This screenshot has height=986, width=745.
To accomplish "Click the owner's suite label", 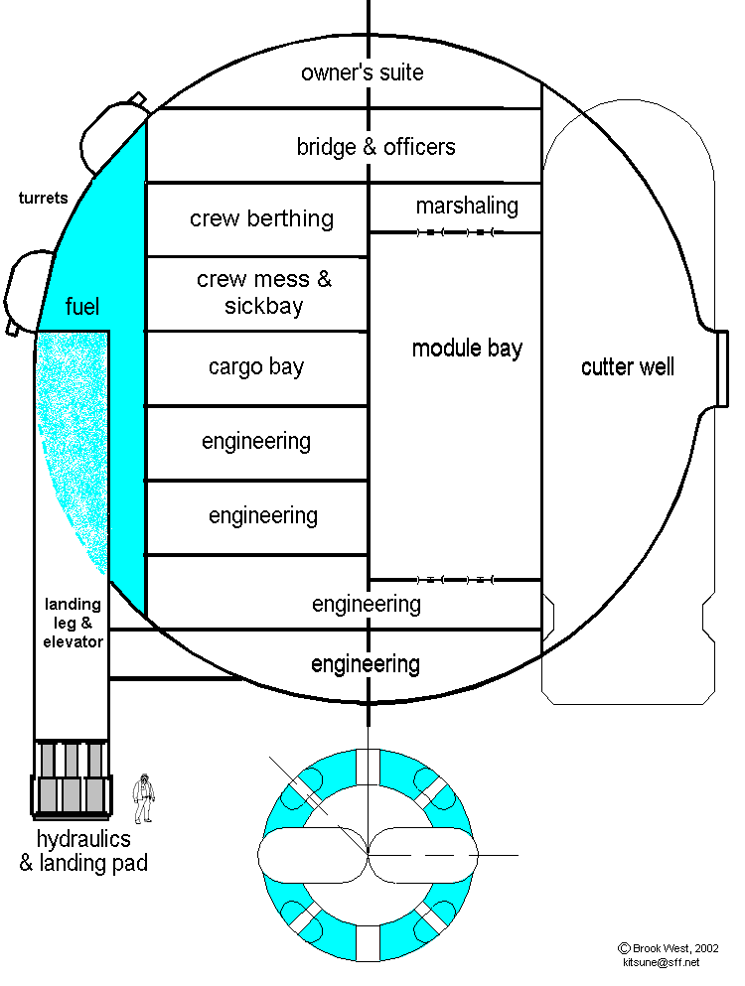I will coord(362,72).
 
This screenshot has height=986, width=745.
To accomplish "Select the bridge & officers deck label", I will coord(375,147).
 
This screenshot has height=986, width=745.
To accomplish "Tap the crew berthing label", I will coord(261,218).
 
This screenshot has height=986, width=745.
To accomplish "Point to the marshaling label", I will coord(467,206).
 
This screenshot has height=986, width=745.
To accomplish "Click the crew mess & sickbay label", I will coord(263,293).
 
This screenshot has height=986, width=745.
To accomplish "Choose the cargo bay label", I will coord(255,366).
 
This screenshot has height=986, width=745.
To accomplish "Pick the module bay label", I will coord(467,348).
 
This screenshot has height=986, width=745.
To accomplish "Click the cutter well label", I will coord(627,367).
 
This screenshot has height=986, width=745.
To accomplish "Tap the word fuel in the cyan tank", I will coord(82,306).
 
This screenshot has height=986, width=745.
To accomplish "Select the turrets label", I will coord(43,198).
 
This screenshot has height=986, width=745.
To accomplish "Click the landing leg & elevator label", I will coord(73,623).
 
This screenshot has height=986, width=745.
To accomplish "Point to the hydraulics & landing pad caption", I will coord(83,851).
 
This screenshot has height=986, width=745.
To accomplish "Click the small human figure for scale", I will coord(145,797).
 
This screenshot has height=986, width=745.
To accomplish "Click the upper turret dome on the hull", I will coord(112,129).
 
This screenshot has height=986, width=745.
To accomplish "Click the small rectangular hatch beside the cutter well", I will coord(722,367).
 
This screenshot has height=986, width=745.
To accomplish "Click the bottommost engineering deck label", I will coord(366,663).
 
